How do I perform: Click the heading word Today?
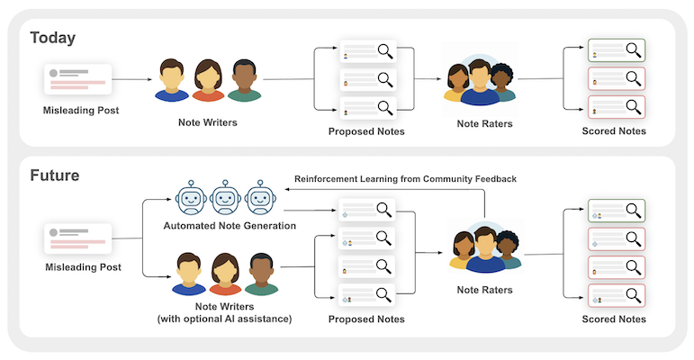click(x=52, y=38)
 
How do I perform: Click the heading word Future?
click(x=55, y=175)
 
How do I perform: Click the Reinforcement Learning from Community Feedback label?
click(x=405, y=179)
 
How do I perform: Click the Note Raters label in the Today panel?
click(x=484, y=123)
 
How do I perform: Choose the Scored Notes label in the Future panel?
click(x=614, y=319)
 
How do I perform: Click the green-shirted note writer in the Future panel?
click(x=259, y=274)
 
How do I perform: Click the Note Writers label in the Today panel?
click(x=207, y=121)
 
